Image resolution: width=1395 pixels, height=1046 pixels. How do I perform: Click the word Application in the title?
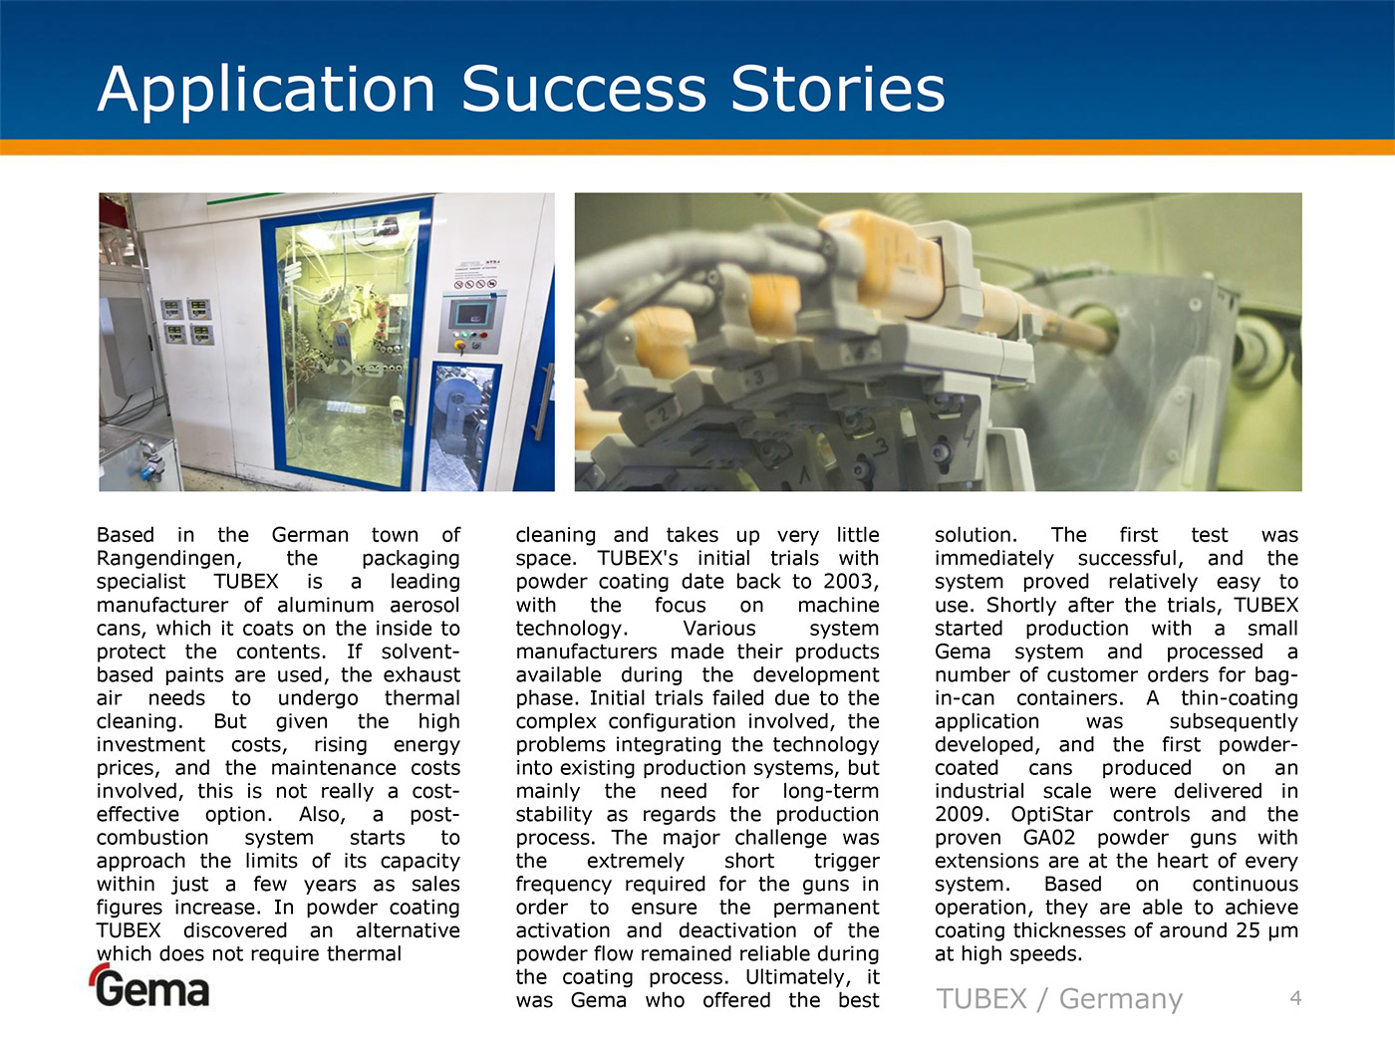click(x=266, y=91)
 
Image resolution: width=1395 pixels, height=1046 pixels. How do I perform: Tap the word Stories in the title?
click(x=838, y=89)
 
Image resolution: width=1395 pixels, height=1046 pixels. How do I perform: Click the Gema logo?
click(x=150, y=985)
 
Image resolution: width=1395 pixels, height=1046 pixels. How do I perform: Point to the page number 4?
click(x=1295, y=998)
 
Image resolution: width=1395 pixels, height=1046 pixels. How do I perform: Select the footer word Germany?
click(x=1120, y=999)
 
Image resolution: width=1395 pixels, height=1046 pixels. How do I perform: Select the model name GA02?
click(x=1049, y=838)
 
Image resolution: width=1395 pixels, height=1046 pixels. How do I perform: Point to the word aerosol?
click(x=424, y=605)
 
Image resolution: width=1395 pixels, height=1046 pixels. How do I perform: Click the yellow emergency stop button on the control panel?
click(x=459, y=346)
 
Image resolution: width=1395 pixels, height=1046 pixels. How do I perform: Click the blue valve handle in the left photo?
click(x=148, y=471)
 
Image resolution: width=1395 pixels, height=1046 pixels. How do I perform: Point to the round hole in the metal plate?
click(x=1094, y=328)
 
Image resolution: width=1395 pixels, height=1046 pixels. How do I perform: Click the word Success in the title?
click(x=584, y=89)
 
